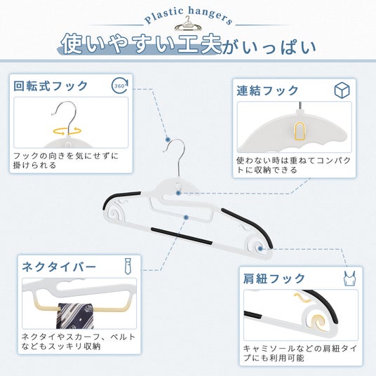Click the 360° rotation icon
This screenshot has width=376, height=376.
(120, 86)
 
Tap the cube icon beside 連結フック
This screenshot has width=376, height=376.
(342, 90)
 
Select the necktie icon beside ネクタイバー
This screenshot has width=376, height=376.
(128, 266)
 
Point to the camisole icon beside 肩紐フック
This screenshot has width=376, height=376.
(349, 278)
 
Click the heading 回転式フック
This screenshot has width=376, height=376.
(51, 86)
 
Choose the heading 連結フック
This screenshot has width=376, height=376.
(267, 90)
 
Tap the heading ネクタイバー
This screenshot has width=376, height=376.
(59, 267)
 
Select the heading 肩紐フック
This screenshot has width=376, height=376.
(274, 278)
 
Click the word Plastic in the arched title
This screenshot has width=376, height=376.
(163, 16)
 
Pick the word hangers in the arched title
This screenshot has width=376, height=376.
(210, 15)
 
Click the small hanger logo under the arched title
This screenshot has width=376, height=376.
(188, 24)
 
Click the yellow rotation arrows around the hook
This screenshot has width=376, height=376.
(67, 131)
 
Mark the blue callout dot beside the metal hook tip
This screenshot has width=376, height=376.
(168, 140)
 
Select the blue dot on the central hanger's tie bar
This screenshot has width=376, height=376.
(186, 217)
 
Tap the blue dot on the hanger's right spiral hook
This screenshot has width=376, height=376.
(260, 248)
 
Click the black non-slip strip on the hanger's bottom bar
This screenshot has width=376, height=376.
(182, 236)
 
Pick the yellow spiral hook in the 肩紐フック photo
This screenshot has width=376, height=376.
(318, 321)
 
